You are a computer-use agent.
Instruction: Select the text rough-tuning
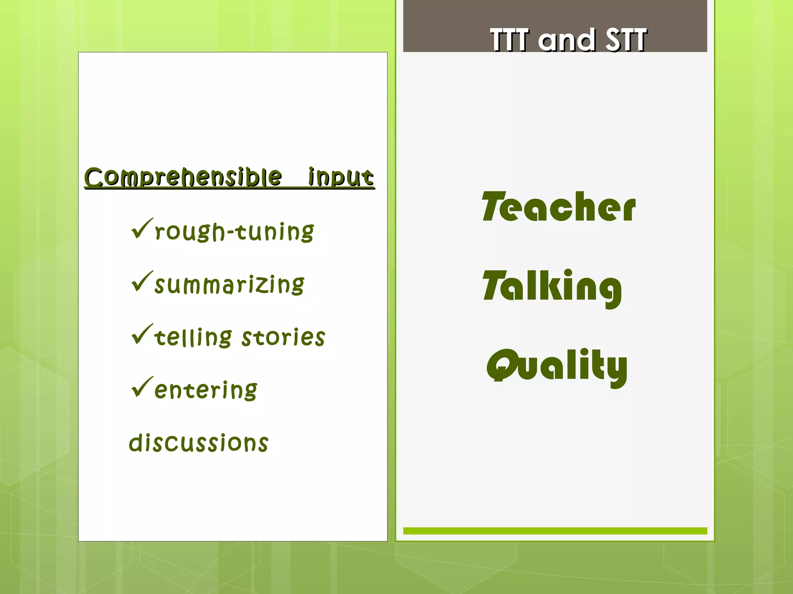[234, 232]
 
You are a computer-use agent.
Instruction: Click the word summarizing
[229, 285]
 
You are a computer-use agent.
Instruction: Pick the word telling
[193, 337]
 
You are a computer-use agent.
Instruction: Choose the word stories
[283, 337]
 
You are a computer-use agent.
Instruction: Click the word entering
[206, 390]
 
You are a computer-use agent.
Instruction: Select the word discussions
[198, 443]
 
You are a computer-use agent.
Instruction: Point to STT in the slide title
[626, 39]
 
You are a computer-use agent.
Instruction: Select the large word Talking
[552, 287]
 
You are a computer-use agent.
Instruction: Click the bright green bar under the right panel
[555, 531]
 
